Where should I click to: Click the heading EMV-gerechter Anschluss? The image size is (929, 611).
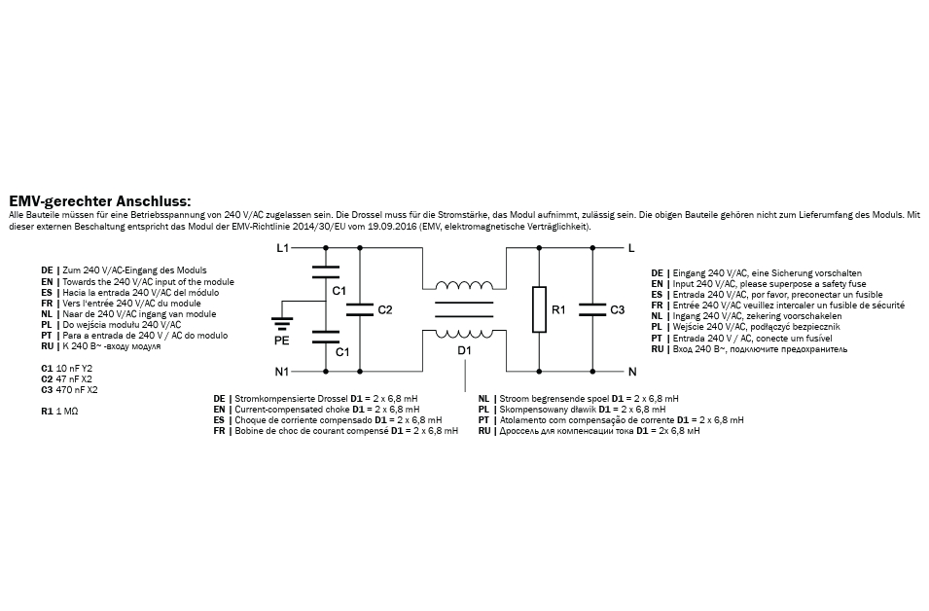(100, 200)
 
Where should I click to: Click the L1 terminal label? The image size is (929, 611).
(282, 248)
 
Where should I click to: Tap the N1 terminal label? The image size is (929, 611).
(282, 372)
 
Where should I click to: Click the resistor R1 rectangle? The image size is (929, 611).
(539, 309)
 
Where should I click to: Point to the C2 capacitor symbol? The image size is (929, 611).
(360, 310)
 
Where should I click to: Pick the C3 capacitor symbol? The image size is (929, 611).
(592, 310)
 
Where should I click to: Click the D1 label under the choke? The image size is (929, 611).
(465, 351)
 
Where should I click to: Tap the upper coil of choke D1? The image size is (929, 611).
(464, 286)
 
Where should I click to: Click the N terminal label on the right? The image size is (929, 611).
(632, 372)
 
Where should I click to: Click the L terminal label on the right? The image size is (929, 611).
(631, 248)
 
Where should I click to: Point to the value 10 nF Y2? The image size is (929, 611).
(74, 369)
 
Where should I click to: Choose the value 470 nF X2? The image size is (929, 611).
(77, 390)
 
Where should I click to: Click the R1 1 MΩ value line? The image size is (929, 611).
(59, 412)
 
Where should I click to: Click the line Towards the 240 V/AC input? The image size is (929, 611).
(148, 282)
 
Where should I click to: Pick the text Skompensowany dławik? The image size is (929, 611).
(548, 410)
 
